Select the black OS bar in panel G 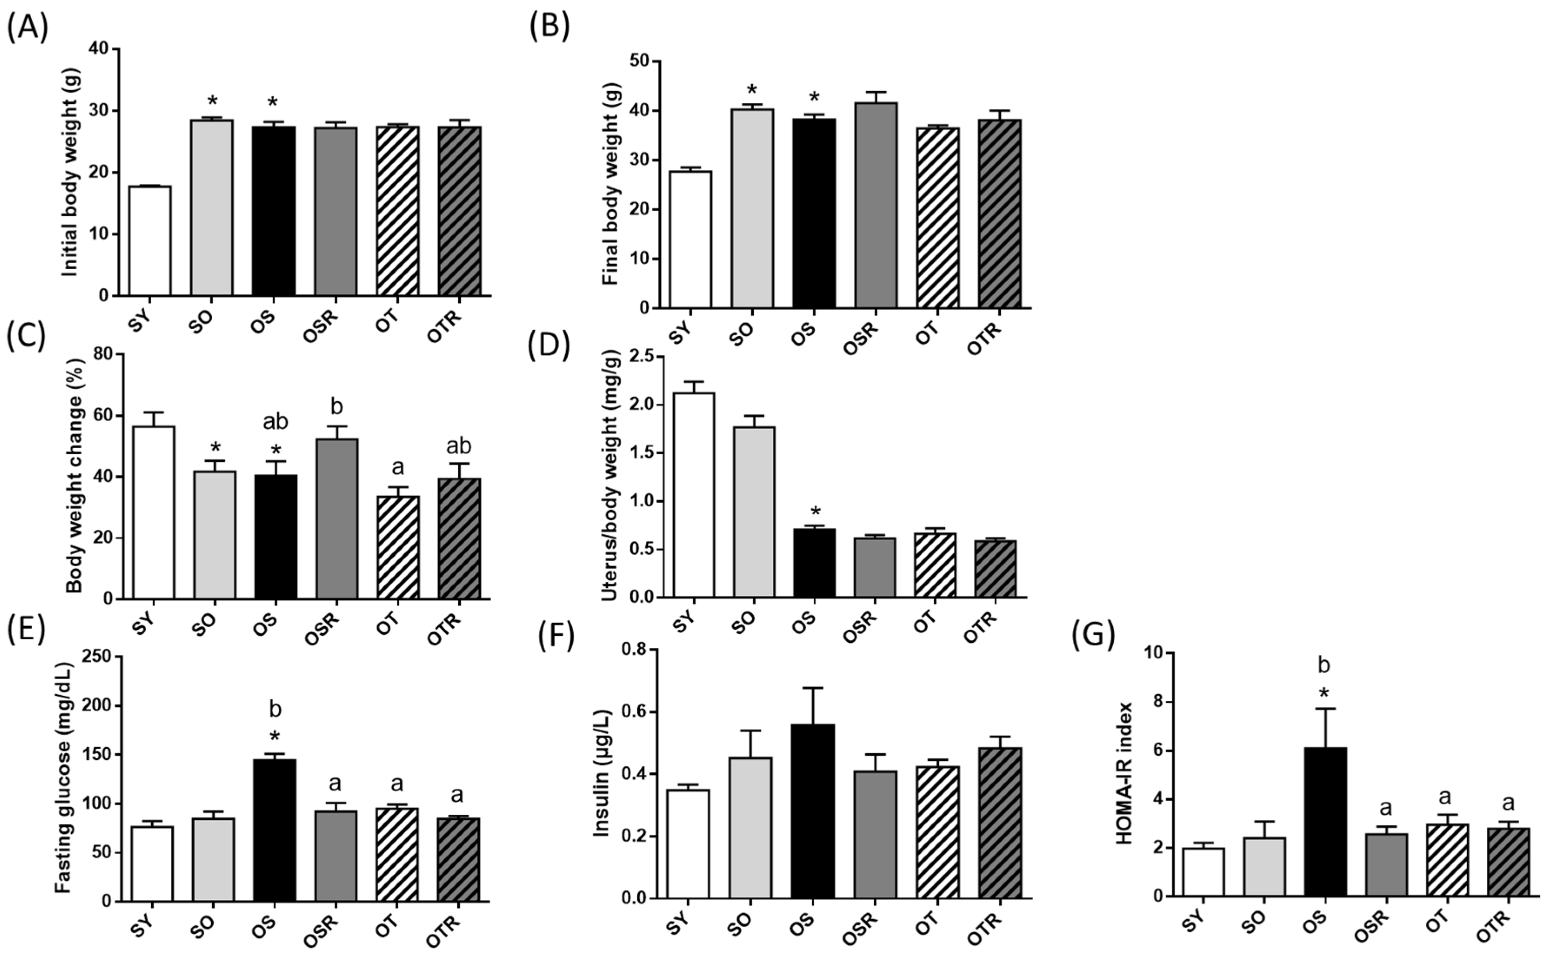[1325, 821]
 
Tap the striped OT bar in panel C [398, 547]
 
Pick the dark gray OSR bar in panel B [875, 205]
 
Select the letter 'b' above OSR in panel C [337, 407]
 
